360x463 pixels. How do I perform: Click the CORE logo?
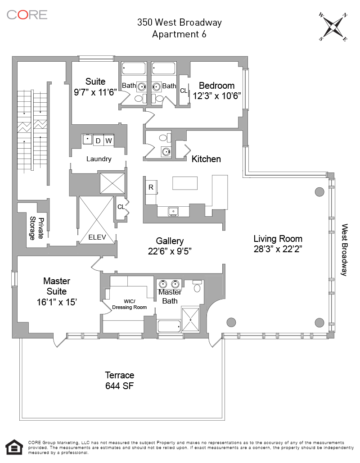pyautogui.click(x=27, y=14)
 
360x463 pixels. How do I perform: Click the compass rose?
pyautogui.click(x=333, y=27)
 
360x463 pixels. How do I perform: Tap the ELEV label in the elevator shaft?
pyautogui.click(x=96, y=237)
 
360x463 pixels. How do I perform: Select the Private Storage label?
pyautogui.click(x=37, y=228)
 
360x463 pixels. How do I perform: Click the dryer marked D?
pyautogui.click(x=98, y=141)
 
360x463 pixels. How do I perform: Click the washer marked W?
pyautogui.click(x=108, y=141)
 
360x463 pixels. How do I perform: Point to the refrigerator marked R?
pyautogui.click(x=151, y=187)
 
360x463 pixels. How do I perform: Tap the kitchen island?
pyautogui.click(x=185, y=183)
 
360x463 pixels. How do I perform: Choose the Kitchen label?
pyautogui.click(x=206, y=159)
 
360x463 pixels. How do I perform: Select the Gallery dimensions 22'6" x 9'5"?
pyautogui.click(x=170, y=251)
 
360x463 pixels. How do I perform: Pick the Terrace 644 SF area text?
pyautogui.click(x=120, y=386)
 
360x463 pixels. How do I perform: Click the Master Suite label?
pyautogui.click(x=57, y=286)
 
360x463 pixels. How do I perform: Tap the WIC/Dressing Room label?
pyautogui.click(x=129, y=304)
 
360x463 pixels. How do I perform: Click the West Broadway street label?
pyautogui.click(x=344, y=250)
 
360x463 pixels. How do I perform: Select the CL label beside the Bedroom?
pyautogui.click(x=184, y=91)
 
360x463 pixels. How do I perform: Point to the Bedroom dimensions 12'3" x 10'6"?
pyautogui.click(x=217, y=95)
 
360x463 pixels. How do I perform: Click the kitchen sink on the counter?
pyautogui.click(x=173, y=210)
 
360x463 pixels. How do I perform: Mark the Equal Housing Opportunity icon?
pyautogui.click(x=15, y=448)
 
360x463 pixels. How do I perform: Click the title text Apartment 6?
pyautogui.click(x=180, y=34)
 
